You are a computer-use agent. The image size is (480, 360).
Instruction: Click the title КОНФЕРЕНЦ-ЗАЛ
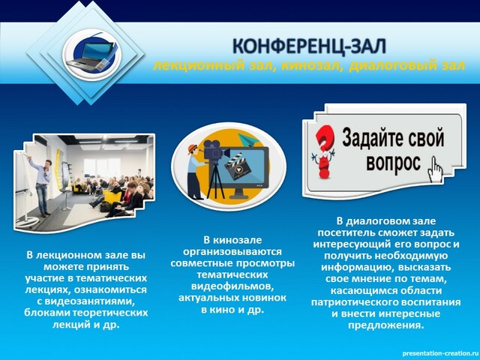pyautogui.click(x=309, y=46)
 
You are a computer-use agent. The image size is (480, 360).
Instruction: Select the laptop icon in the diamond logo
pyautogui.click(x=91, y=55)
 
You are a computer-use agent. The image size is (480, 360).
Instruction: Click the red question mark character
pyautogui.click(x=322, y=152)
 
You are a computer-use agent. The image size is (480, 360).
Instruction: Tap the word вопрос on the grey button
pyautogui.click(x=393, y=163)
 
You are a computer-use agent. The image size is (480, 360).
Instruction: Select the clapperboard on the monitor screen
pyautogui.click(x=238, y=166)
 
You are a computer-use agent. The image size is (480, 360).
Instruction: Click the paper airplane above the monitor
pyautogui.click(x=249, y=140)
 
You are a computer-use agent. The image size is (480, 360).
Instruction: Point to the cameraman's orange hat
pyautogui.click(x=192, y=148)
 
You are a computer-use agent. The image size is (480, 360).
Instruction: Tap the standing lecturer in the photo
pyautogui.click(x=42, y=185)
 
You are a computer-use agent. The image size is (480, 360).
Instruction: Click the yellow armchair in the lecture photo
pyautogui.click(x=112, y=196)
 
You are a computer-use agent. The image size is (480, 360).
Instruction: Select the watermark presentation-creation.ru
pyautogui.click(x=439, y=353)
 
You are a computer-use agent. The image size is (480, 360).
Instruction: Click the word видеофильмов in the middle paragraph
pyautogui.click(x=232, y=286)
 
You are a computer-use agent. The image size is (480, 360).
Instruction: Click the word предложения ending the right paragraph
pyautogui.click(x=386, y=325)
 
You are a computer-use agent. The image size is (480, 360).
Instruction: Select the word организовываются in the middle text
pyautogui.click(x=232, y=252)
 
